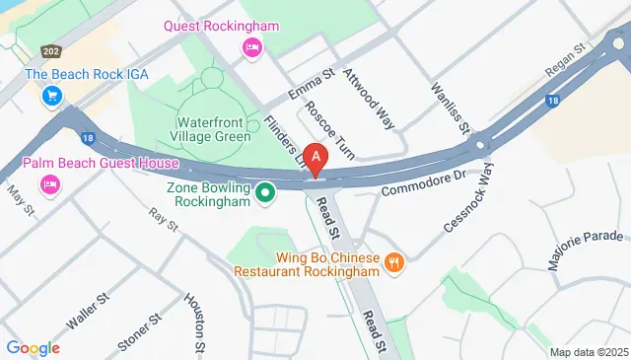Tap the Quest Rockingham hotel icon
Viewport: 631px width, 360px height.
pos(252,46)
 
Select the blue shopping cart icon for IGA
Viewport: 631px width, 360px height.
pos(52,97)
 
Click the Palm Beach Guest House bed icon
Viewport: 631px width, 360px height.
pos(49,184)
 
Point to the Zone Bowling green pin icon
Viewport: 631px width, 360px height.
pos(264,192)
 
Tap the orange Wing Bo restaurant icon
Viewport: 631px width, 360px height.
pos(394,261)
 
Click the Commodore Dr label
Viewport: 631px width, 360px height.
pos(422,181)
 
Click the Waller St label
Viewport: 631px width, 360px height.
pos(86,311)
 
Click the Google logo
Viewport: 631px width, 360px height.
pos(33,347)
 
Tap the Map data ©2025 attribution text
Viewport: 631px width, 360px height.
pos(587,352)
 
